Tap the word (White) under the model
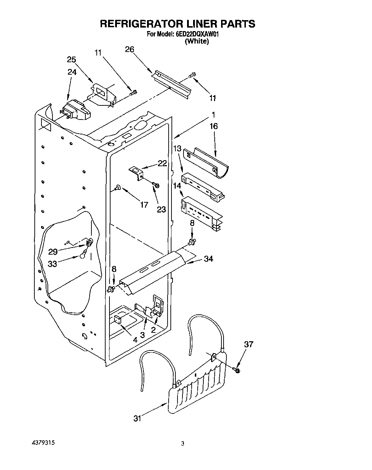197,41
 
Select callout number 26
130,50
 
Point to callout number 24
72,72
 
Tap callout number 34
209,259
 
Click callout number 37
249,344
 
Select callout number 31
137,418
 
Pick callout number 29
53,252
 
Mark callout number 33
52,264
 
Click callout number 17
144,204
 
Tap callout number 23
161,209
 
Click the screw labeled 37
237,370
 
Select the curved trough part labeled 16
207,162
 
